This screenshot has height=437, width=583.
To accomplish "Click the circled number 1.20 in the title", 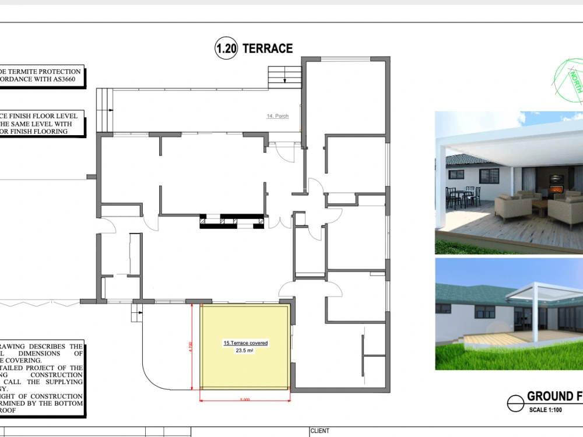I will [226, 49].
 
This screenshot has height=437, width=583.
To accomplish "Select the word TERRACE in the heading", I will [268, 49].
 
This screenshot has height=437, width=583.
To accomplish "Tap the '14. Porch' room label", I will [278, 117].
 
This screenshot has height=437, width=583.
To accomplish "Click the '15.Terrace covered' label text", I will [245, 343].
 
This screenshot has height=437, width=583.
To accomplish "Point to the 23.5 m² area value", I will [245, 351].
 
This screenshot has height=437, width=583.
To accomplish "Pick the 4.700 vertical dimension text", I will [190, 347].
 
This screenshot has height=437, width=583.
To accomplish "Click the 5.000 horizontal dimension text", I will [245, 399].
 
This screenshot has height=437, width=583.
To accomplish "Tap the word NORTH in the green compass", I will [576, 82].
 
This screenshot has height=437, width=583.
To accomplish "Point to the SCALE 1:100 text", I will [547, 410].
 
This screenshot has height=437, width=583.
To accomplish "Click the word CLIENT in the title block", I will [320, 431].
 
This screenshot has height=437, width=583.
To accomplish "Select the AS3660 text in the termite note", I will [67, 79].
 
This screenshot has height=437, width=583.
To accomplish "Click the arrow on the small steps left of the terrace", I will [138, 313].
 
